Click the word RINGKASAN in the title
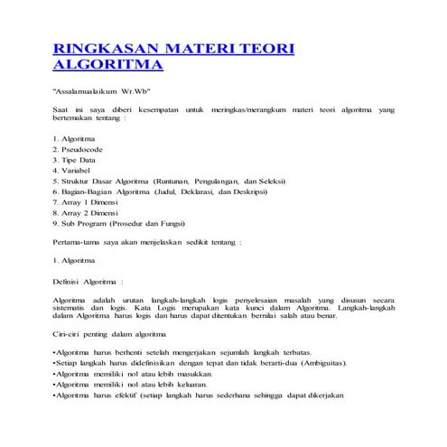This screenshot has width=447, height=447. pyautogui.click(x=106, y=48)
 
